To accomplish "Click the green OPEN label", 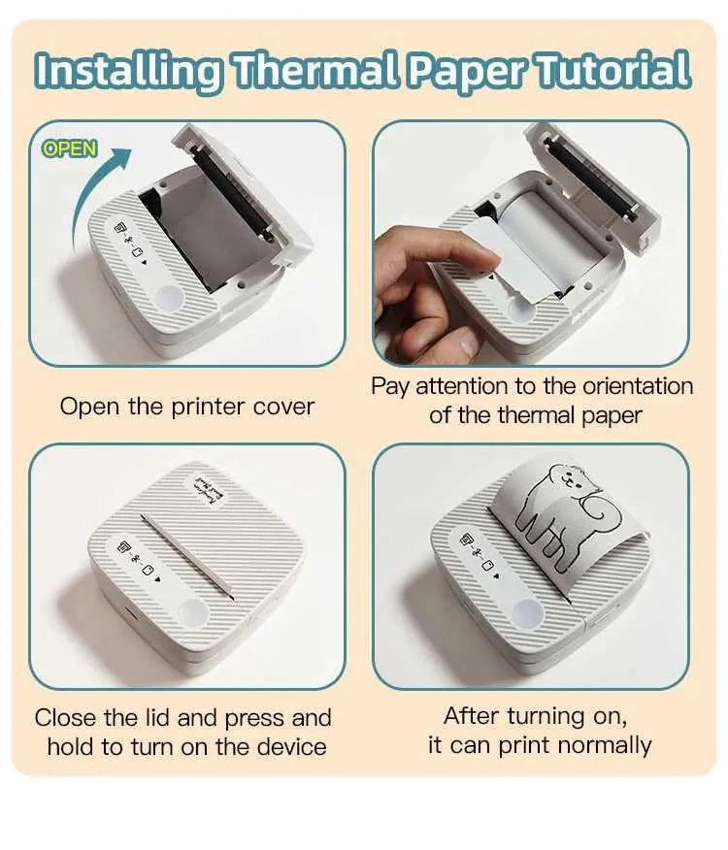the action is click(x=70, y=148).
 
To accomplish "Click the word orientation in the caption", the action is click(x=638, y=386).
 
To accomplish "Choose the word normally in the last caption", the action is click(x=605, y=745).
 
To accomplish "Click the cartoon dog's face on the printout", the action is click(x=567, y=479).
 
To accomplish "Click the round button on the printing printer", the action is click(x=527, y=613).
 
